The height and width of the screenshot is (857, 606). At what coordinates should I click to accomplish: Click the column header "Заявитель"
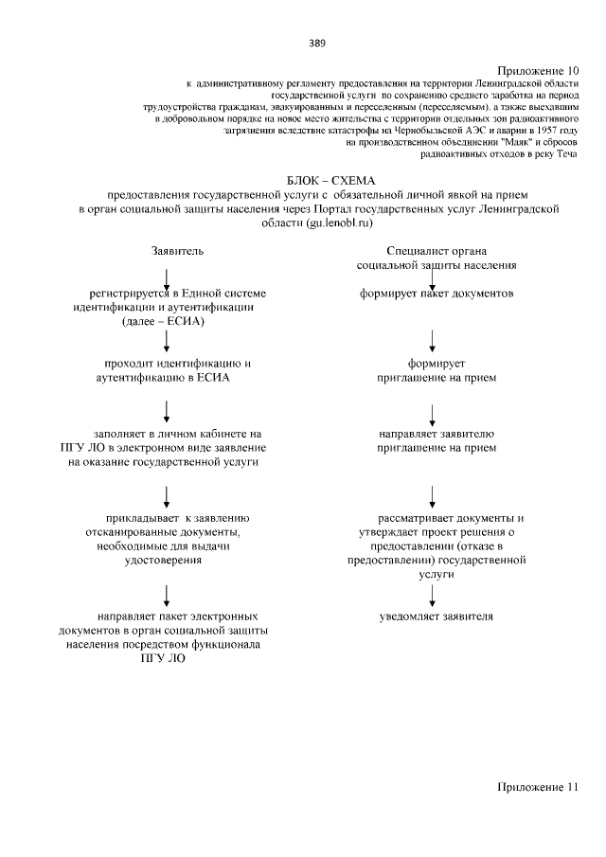(177, 252)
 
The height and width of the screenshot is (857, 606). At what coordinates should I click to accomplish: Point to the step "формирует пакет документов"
(436, 294)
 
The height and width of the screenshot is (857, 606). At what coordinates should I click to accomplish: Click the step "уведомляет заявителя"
(436, 616)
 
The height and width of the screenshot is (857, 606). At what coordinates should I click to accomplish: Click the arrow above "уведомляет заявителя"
(433, 594)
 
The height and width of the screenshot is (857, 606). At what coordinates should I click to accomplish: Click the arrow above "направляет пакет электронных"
(167, 594)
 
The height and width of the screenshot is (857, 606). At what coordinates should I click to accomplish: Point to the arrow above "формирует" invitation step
(433, 339)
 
